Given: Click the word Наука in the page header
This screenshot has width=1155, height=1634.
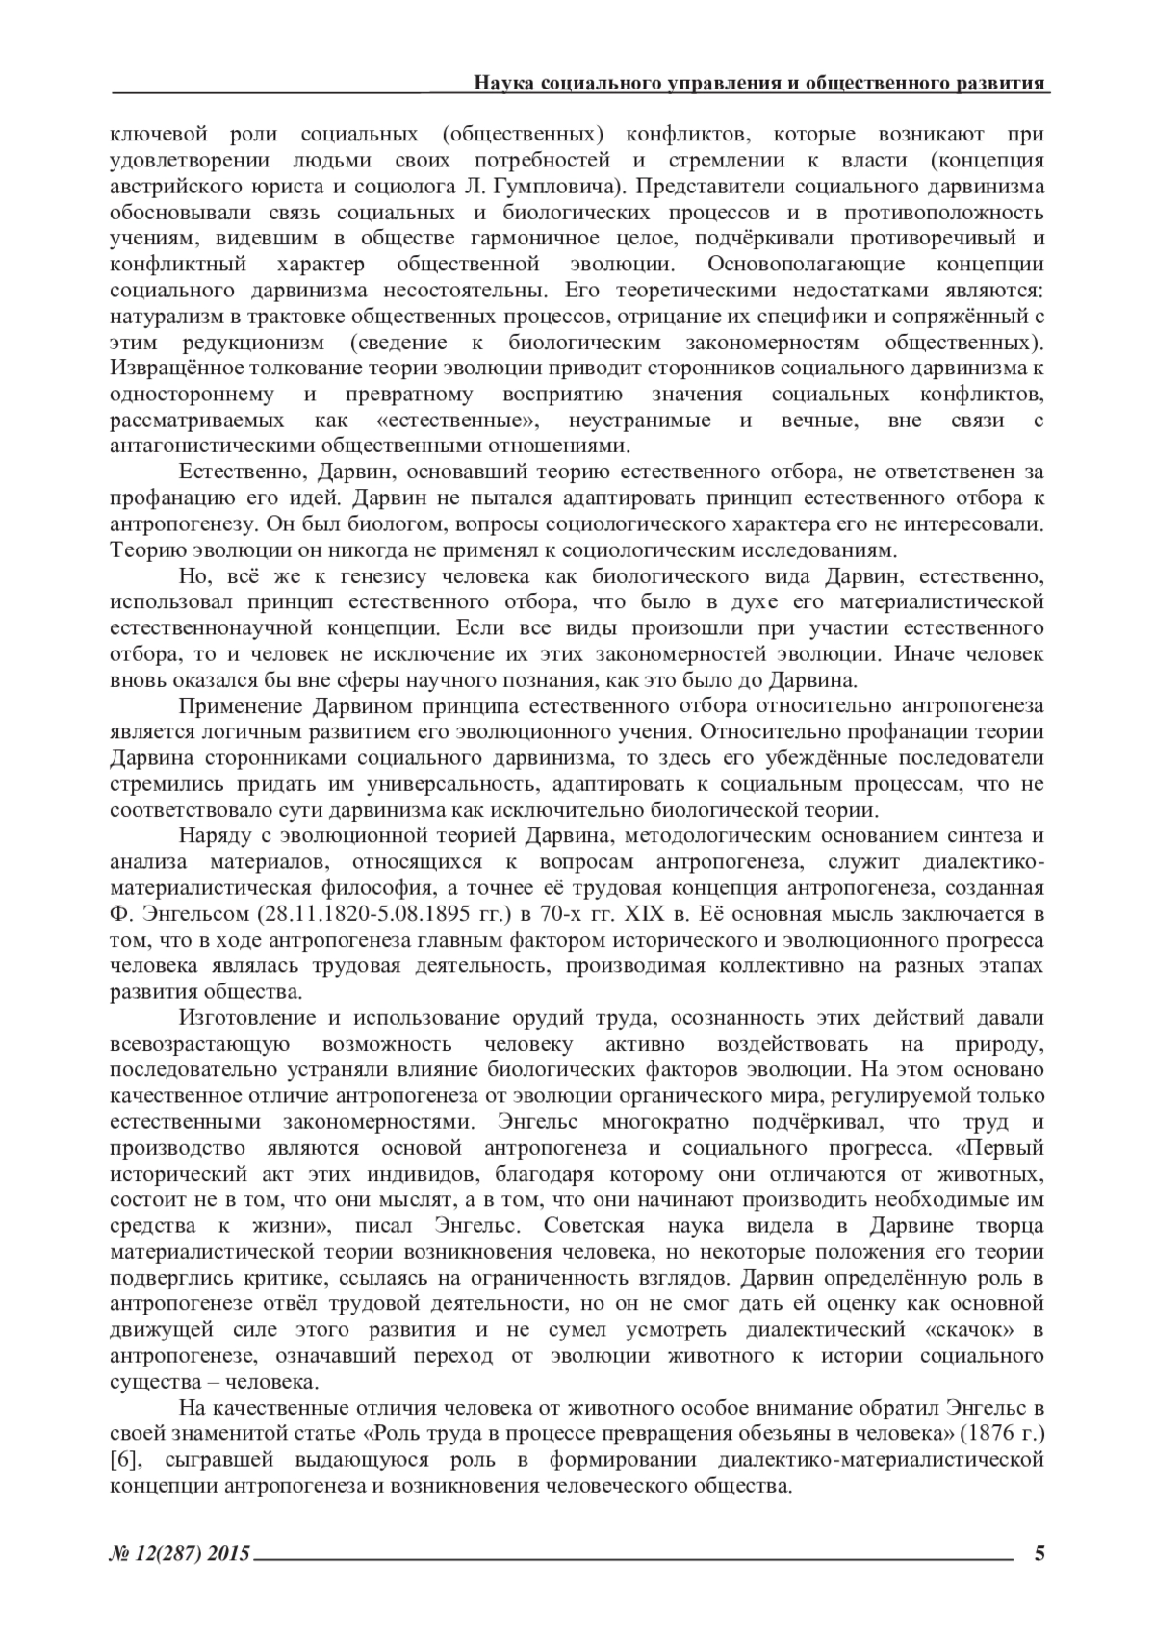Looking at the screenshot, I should click(501, 83).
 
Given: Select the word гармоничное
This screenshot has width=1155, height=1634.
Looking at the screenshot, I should click(536, 238).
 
